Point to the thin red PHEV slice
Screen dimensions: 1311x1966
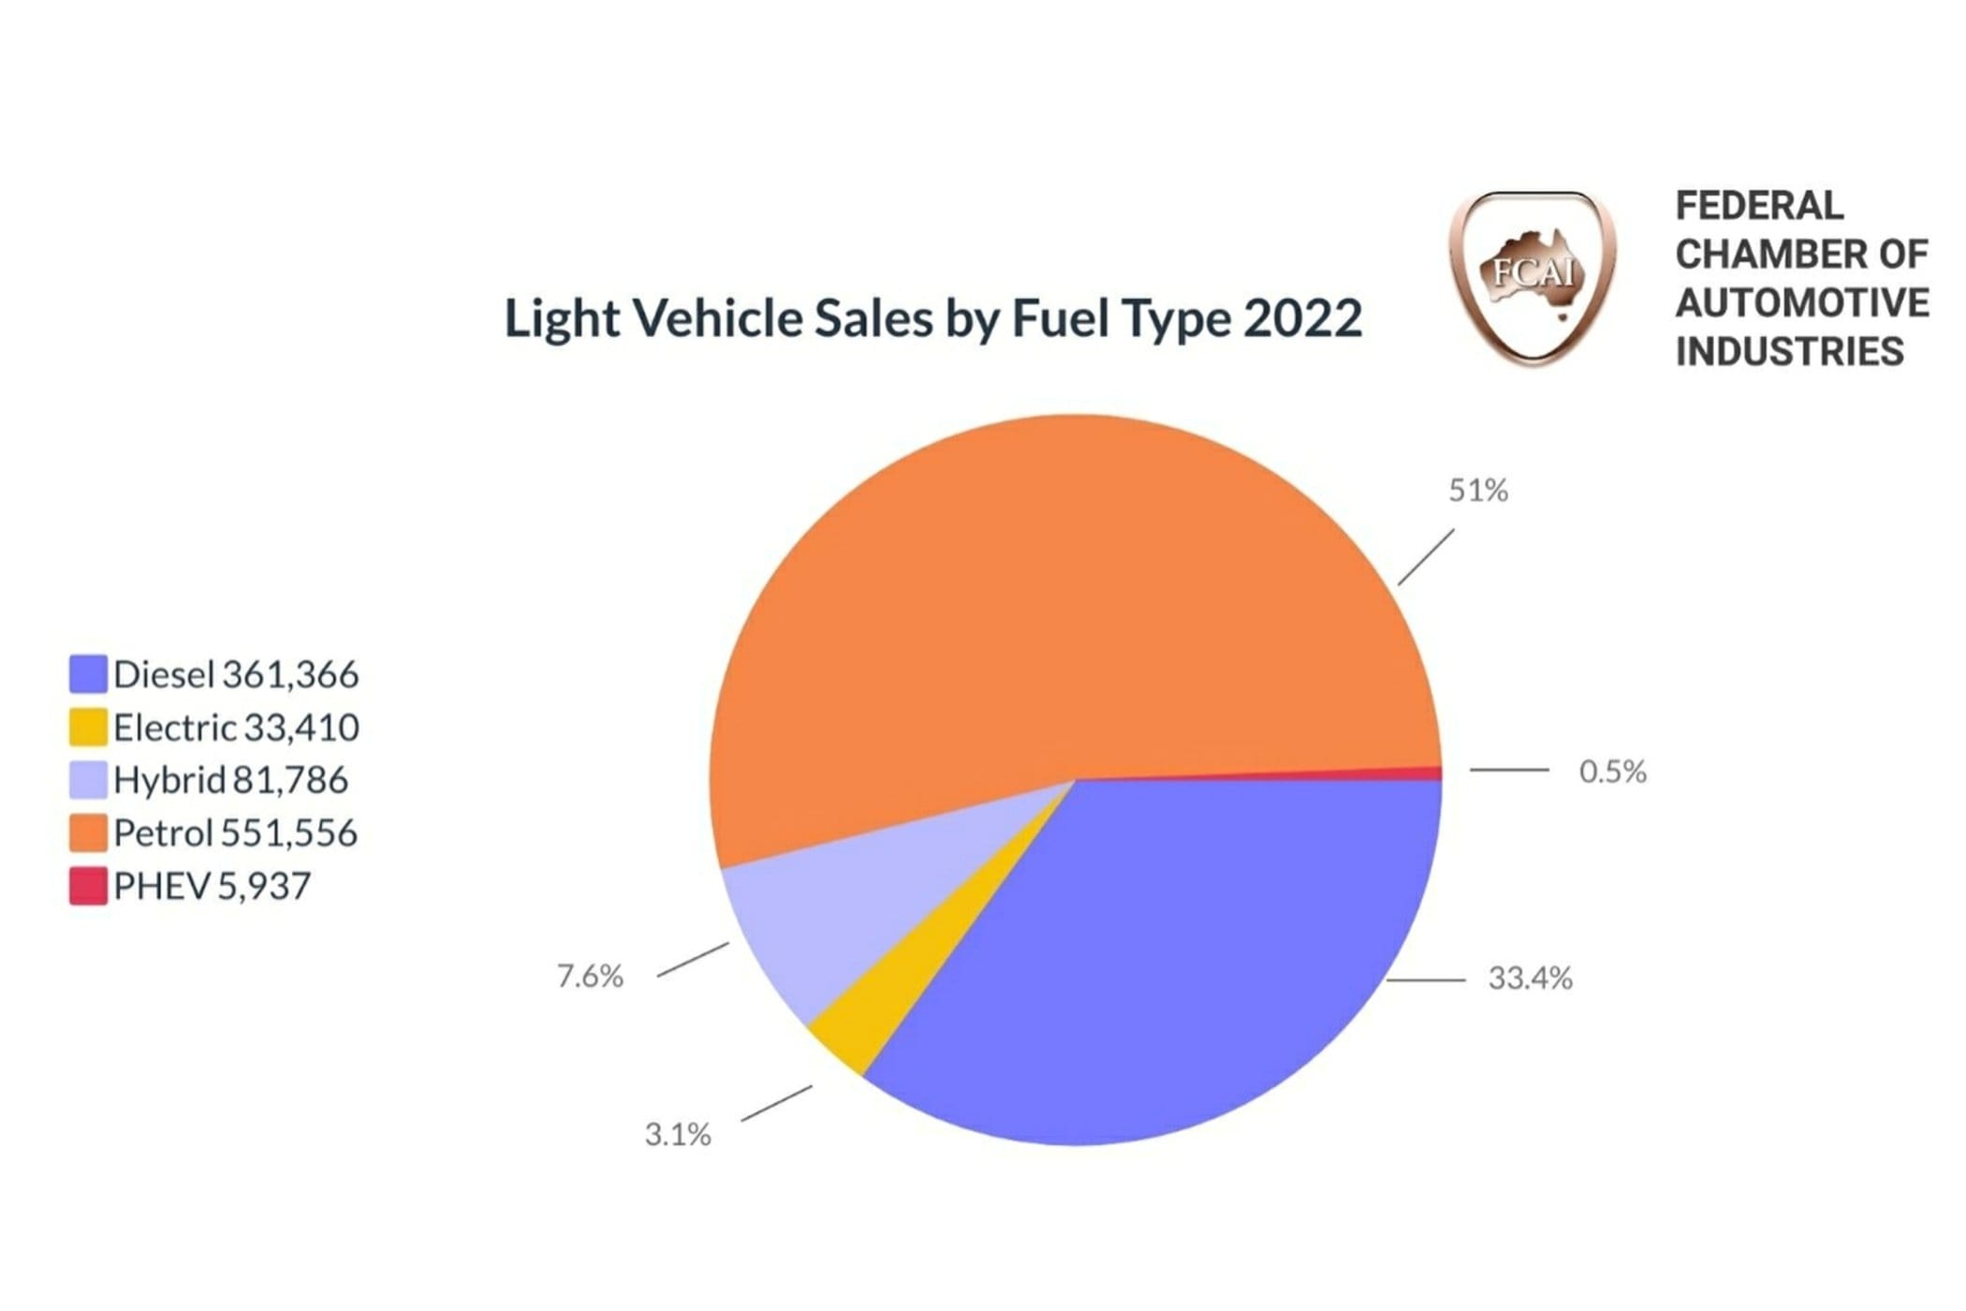[1404, 773]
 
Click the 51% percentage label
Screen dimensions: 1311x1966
[1478, 491]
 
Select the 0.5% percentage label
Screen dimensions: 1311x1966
[1612, 772]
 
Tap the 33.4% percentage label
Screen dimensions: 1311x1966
[1530, 979]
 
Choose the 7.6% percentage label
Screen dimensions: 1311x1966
[590, 977]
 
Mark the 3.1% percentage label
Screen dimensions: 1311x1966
[678, 1135]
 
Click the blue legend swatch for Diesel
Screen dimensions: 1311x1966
[88, 674]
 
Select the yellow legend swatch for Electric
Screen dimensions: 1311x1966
[88, 728]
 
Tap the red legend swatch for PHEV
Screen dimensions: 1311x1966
[88, 886]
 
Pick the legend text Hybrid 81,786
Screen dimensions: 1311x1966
[230, 780]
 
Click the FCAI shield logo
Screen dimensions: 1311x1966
[1533, 277]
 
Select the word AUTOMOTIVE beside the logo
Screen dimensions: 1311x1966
[1802, 302]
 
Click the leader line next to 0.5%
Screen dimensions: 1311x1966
[1509, 770]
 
